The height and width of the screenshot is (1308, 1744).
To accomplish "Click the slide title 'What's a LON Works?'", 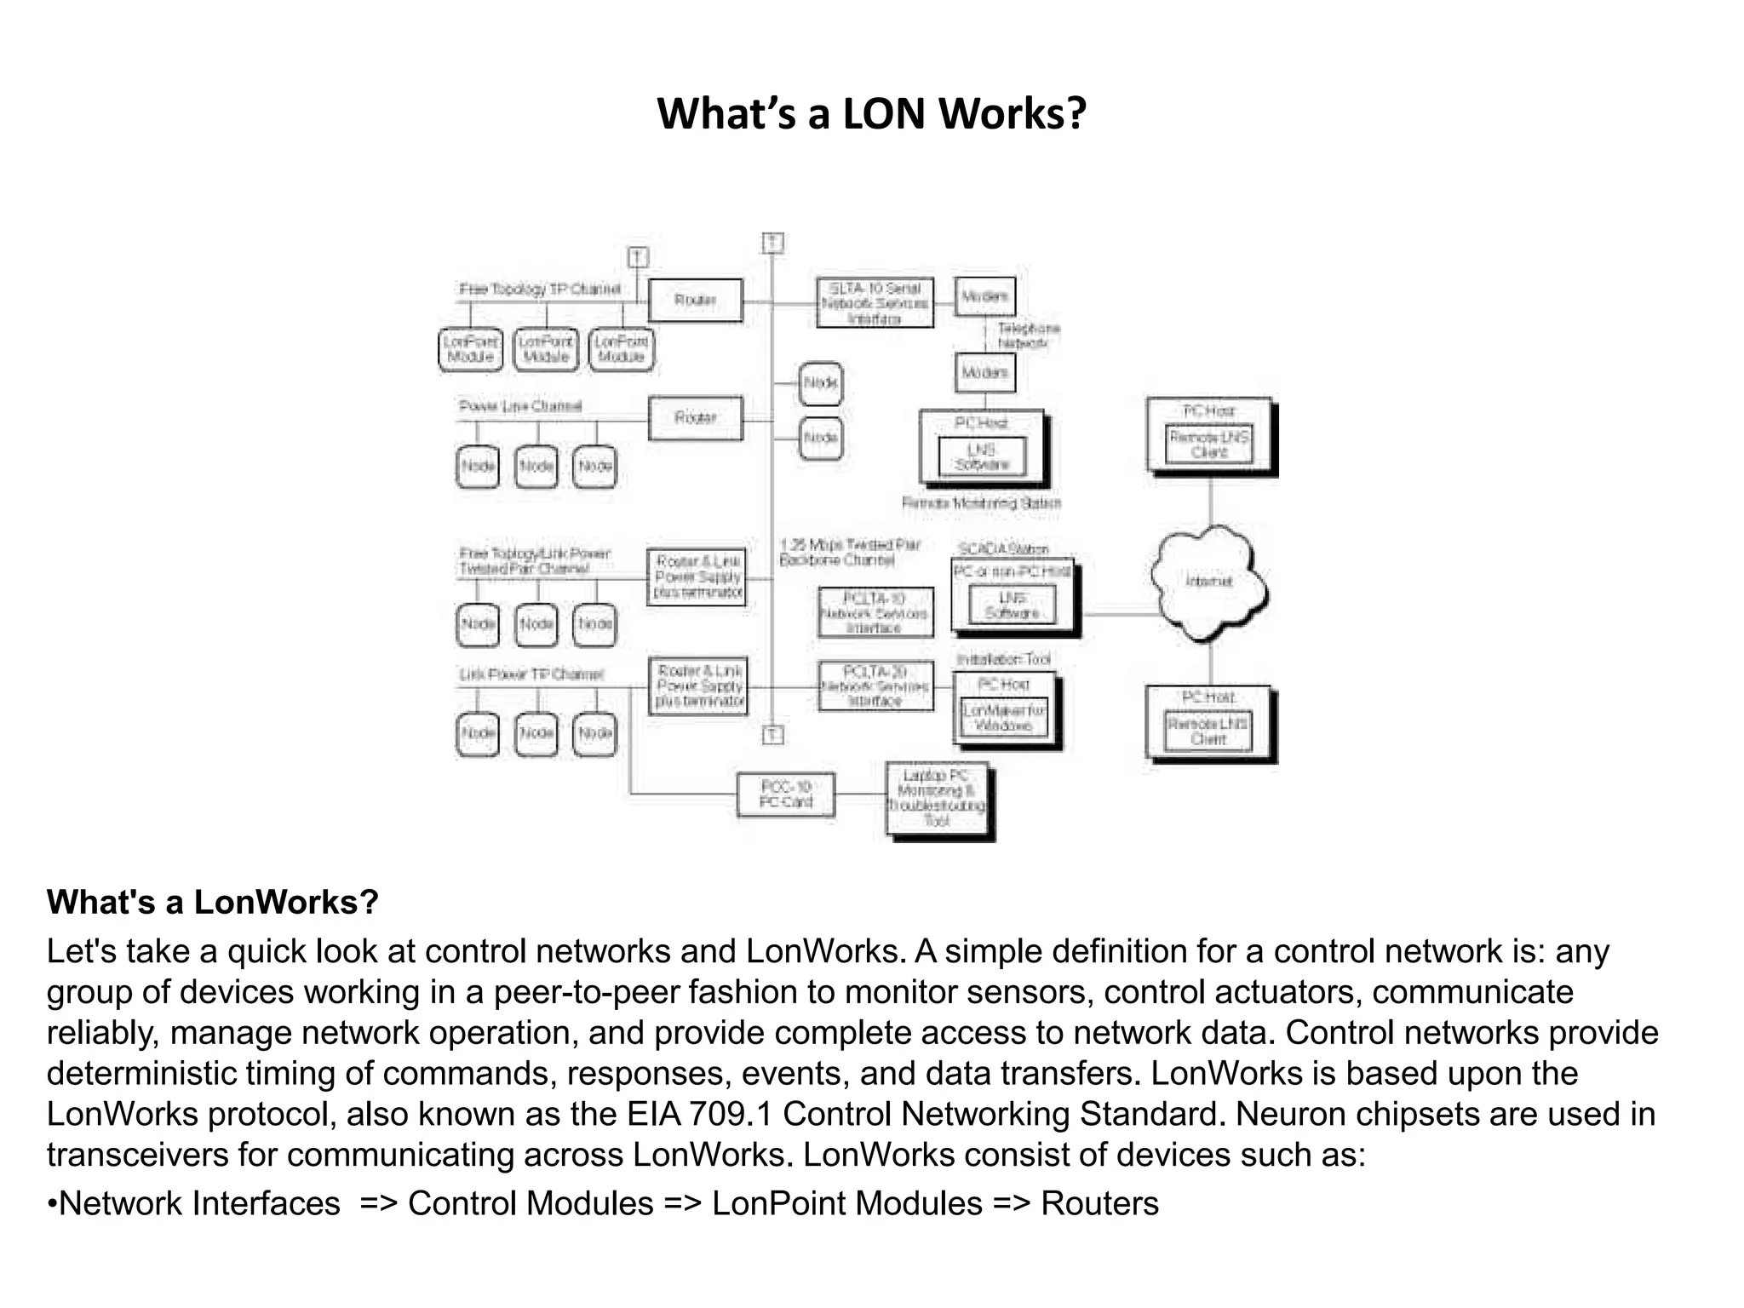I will (871, 113).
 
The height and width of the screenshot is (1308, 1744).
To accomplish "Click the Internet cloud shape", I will (1208, 582).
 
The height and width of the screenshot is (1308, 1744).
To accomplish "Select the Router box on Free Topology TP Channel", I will (695, 300).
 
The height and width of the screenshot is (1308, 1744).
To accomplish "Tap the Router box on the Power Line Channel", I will (695, 417).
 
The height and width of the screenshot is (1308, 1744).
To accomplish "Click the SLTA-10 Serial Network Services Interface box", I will (875, 303).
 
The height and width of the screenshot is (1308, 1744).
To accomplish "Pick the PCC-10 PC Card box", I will (785, 794).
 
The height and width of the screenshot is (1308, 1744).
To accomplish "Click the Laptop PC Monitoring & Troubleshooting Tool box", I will (937, 798).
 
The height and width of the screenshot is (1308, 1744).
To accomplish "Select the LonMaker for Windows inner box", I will (1004, 718).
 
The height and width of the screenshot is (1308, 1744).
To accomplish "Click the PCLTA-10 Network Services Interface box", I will (875, 612).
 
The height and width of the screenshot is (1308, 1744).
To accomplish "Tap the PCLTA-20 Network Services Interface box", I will (875, 686).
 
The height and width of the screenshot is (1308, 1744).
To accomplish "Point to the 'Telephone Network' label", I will (1028, 336).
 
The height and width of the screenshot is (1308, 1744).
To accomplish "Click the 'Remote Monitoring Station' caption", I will (981, 503).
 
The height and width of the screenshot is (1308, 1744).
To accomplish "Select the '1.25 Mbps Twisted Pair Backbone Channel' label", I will (850, 552).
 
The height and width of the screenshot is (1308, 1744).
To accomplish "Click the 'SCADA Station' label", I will (1003, 548).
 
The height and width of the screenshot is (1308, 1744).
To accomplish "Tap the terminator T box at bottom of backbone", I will (772, 735).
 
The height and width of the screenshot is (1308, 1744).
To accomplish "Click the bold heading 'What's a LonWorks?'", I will (212, 902).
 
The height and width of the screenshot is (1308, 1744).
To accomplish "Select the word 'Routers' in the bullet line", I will (1099, 1203).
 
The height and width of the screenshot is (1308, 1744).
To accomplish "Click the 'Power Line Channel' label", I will (520, 406).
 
